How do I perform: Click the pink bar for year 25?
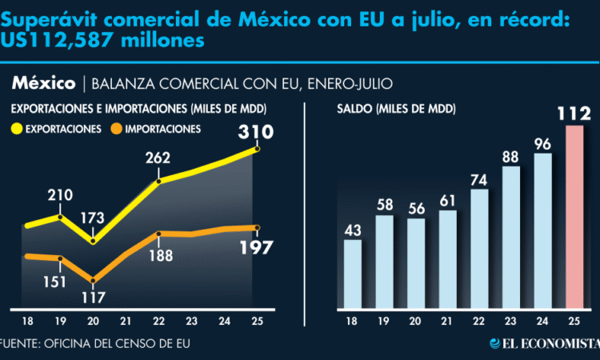pyautogui.click(x=575, y=217)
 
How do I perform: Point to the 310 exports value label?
pyautogui.click(x=255, y=131)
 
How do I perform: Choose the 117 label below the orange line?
pyautogui.click(x=93, y=298)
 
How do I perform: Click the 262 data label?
pyautogui.click(x=158, y=158)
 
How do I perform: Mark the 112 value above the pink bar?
pyautogui.click(x=575, y=114)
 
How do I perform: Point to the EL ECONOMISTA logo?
pyautogui.click(x=545, y=344)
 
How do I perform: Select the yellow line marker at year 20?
pyautogui.click(x=94, y=240)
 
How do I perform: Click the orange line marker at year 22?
pyautogui.click(x=158, y=234)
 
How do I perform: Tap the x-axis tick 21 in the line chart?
pyautogui.click(x=126, y=322)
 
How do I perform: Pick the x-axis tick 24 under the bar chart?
pyautogui.click(x=543, y=322)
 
